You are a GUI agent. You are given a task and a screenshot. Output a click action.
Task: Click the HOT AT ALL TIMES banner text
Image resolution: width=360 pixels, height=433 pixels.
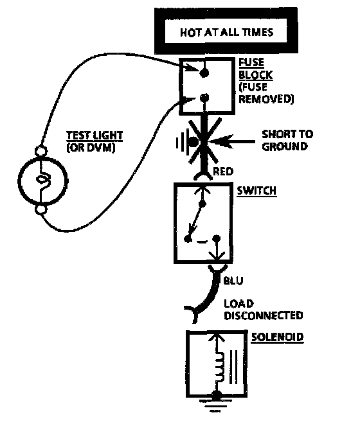pos(226,32)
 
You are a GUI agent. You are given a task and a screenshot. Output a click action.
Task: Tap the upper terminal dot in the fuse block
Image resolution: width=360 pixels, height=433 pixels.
pos(204,73)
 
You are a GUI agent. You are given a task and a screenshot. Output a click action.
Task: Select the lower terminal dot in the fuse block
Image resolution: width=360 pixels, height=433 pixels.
pos(204,98)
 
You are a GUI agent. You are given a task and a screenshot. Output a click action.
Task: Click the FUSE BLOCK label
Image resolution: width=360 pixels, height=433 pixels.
pos(256,69)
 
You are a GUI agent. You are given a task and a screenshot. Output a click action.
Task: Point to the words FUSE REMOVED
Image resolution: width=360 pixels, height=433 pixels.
pos(266,93)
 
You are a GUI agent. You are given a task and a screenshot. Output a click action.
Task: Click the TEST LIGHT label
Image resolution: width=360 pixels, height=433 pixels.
pos(94,136)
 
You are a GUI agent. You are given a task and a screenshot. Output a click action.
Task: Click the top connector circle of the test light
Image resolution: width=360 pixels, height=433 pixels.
pos(41,151)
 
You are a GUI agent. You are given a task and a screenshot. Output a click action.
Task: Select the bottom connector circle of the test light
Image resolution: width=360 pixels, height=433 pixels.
pos(41,209)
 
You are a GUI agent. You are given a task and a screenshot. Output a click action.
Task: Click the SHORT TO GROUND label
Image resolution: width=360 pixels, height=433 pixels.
pos(287,140)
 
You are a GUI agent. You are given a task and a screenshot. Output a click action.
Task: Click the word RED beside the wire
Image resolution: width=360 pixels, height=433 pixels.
pos(223,172)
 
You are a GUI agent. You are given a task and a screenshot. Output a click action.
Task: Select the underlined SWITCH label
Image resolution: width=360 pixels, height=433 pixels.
pos(256,191)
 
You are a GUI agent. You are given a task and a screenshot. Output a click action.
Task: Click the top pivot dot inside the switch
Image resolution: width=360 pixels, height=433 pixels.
pos(203,204)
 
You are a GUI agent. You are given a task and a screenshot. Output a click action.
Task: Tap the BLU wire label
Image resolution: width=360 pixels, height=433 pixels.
pos(233,281)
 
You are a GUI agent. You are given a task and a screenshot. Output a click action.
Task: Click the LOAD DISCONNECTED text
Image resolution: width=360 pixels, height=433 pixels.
pos(264,310)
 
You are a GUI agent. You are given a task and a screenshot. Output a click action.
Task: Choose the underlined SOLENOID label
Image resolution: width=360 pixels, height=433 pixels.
pos(277,337)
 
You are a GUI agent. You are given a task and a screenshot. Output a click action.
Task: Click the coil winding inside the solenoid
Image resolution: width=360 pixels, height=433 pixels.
pos(221,367)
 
